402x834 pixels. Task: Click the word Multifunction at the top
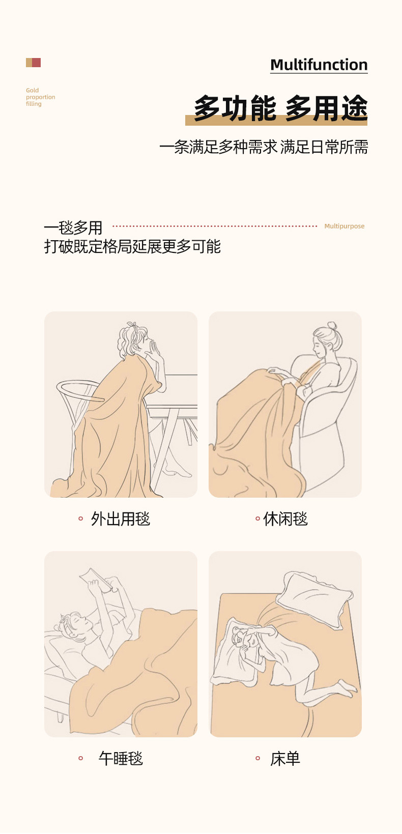pos(319,65)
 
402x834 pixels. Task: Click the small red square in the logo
pos(36,63)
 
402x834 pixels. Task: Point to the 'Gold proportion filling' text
pos(40,97)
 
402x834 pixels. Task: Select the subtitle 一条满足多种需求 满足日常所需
pos(264,147)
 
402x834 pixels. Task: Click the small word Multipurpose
pos(344,226)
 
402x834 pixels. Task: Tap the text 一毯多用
pos(73,227)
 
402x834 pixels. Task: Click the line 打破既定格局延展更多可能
pos(132,246)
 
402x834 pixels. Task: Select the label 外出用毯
pos(120,519)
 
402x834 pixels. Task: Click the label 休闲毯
pos(285,519)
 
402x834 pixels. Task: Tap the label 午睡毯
pos(121,758)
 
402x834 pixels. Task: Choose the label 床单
pos(285,758)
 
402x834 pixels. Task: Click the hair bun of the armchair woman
pos(332,326)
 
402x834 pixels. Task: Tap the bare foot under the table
pos(178,472)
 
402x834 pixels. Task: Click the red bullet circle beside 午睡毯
pos(81,758)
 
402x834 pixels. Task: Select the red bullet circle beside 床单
pos(257,758)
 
